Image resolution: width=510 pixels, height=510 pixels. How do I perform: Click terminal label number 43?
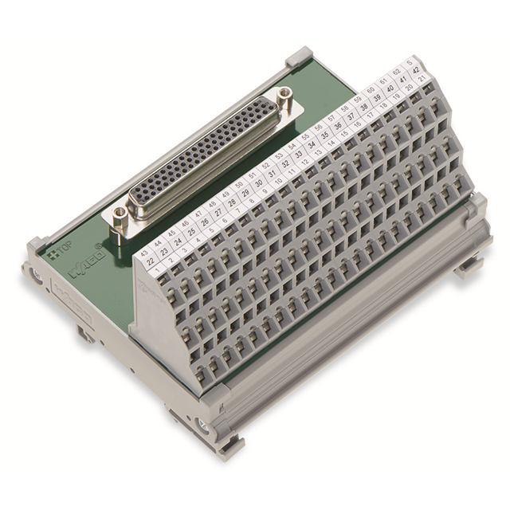click(144, 254)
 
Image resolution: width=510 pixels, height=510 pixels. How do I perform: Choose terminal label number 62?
click(396, 71)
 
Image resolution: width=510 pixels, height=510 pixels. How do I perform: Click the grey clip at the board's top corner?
click(298, 57)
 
